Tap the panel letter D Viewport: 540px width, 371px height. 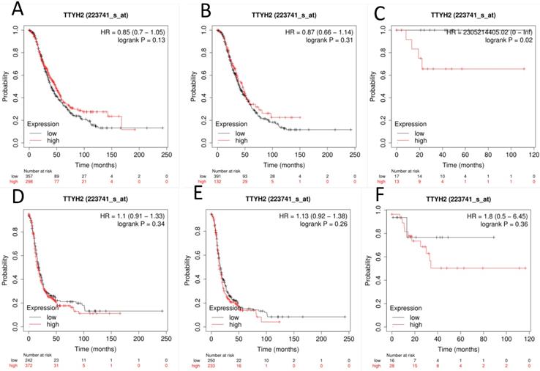(x=13, y=194)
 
